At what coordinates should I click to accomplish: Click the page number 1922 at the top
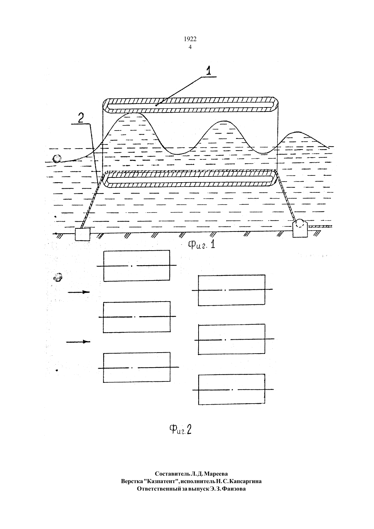pos(190,39)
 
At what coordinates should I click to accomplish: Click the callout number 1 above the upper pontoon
pos(208,71)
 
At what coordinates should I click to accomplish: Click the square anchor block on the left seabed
pos(82,234)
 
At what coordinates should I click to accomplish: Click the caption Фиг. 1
pos(201,244)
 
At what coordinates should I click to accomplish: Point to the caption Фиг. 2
pos(180,429)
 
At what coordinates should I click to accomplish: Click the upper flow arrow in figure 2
pos(79,292)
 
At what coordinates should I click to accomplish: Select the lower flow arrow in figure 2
pos(78,342)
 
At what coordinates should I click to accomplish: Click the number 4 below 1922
pos(190,47)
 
